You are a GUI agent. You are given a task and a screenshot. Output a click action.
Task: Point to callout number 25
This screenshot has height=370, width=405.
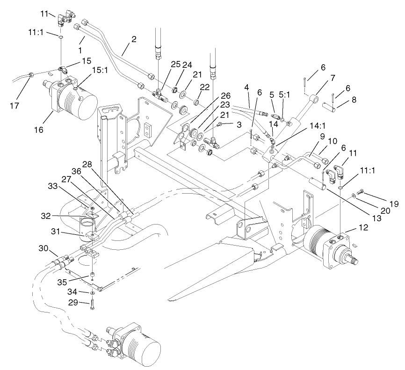(162, 64)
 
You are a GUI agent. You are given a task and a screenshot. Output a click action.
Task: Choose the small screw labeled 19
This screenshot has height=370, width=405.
(360, 191)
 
